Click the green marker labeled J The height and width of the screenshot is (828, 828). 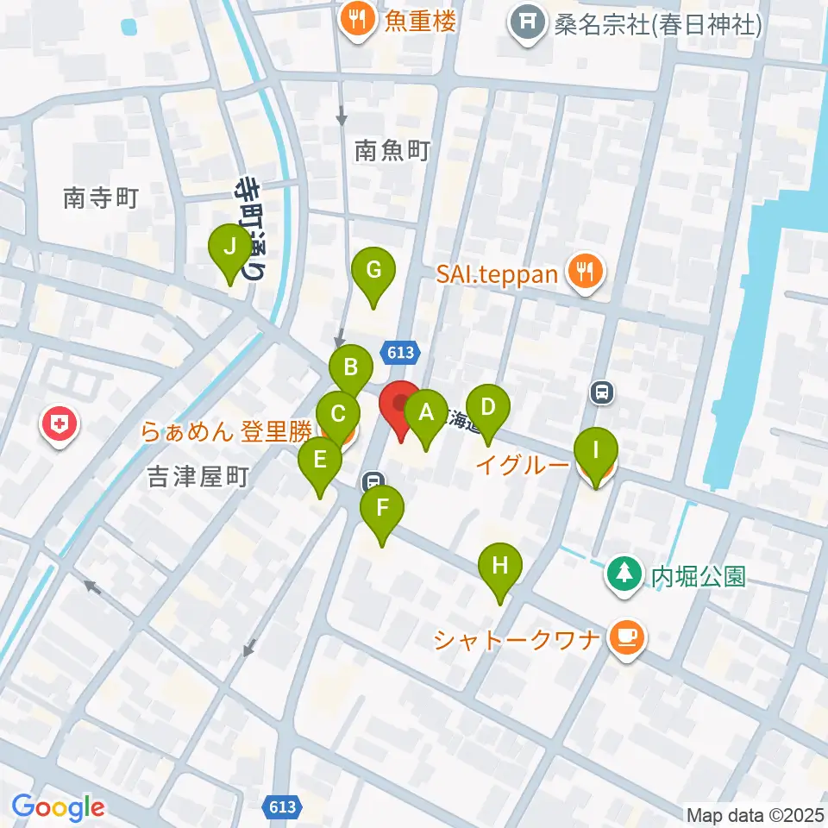[x=229, y=248]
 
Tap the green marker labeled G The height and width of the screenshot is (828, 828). [x=373, y=271]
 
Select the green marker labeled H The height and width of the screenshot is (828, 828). [x=500, y=566]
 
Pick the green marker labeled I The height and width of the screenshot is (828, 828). [x=596, y=450]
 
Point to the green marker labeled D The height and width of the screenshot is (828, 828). [x=488, y=407]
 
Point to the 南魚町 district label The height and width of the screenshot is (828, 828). [x=392, y=153]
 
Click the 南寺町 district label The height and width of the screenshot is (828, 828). [x=101, y=199]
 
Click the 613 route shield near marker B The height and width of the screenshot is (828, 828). [x=401, y=352]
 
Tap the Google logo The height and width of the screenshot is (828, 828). [x=59, y=807]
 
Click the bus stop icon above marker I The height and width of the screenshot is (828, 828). [x=602, y=393]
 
